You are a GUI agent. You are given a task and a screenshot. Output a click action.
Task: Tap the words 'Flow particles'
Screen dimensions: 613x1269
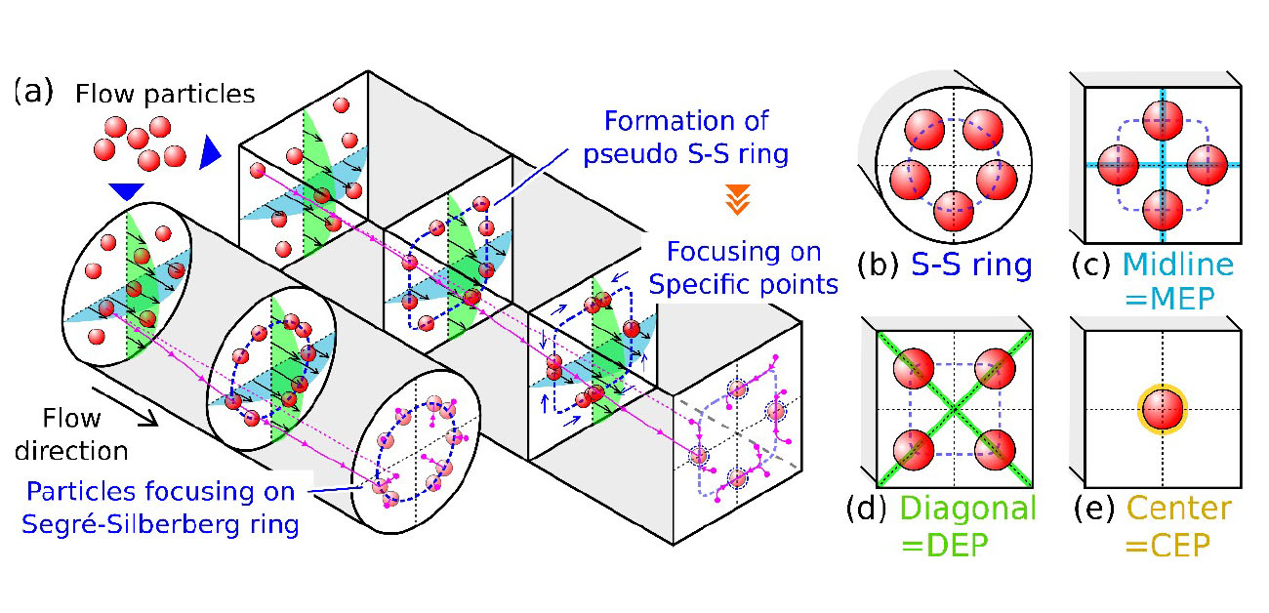(164, 94)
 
